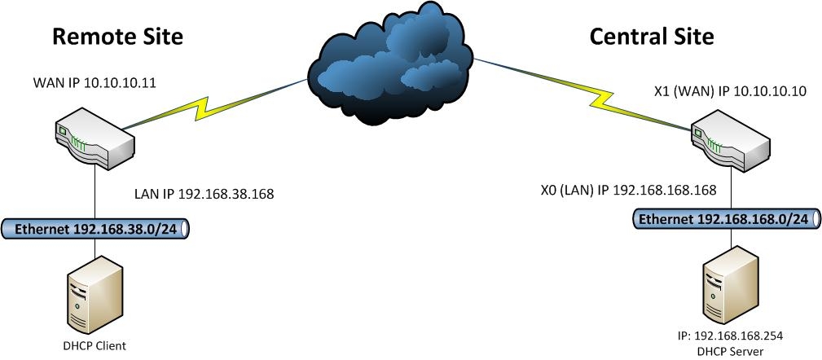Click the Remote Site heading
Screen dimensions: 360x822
[117, 36]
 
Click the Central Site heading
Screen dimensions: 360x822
[651, 36]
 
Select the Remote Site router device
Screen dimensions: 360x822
[93, 140]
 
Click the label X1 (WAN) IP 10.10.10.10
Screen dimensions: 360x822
[730, 92]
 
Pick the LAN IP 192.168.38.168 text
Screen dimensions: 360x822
[204, 195]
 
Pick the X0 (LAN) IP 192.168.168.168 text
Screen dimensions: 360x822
[628, 191]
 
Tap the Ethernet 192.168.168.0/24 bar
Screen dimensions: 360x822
[729, 219]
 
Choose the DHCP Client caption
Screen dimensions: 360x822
[94, 345]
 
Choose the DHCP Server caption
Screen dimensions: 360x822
[730, 350]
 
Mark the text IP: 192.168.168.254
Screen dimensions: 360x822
[730, 335]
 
